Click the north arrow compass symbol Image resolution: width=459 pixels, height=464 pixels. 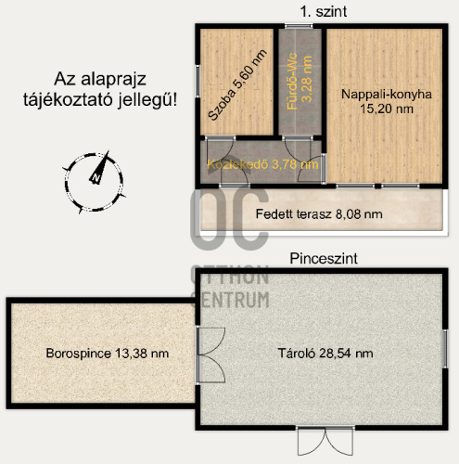(95, 183)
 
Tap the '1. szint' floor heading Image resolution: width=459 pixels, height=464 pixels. (324, 12)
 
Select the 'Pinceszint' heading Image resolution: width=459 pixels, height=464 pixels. (324, 258)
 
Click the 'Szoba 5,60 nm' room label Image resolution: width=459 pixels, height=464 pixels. (237, 84)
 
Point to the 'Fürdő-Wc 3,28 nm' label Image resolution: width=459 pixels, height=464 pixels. (300, 81)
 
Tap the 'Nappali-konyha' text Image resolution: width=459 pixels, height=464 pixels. (387, 94)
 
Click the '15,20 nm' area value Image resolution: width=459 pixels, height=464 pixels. (387, 109)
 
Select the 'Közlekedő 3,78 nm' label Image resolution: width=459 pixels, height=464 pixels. (262, 164)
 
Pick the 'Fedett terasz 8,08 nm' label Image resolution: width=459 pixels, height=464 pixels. (319, 214)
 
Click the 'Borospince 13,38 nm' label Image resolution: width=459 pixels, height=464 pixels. (108, 353)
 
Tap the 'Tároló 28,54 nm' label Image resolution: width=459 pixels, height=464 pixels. (325, 353)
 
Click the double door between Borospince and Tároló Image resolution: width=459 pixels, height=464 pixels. (210, 354)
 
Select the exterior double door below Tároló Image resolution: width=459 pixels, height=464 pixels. (325, 441)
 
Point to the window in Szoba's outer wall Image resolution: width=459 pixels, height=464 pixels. (198, 81)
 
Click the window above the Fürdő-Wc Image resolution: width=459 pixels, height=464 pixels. (299, 26)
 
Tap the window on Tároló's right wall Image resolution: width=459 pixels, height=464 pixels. (445, 348)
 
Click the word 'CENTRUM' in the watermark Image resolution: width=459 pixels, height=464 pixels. (230, 300)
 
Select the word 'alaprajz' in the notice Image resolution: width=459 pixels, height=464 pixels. (113, 80)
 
